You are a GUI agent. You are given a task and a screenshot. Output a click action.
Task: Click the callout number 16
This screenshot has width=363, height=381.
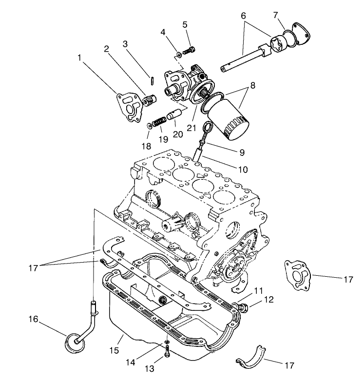click(33, 320)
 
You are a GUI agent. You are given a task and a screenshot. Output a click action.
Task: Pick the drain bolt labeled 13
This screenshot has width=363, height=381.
click(167, 354)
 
